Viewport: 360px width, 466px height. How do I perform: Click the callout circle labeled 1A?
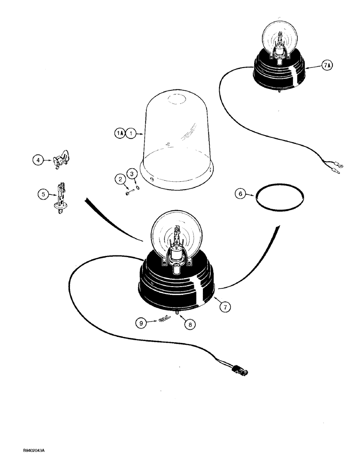[x=119, y=133]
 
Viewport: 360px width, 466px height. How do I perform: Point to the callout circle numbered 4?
[x=38, y=160]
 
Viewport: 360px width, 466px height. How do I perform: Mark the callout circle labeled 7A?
[x=327, y=67]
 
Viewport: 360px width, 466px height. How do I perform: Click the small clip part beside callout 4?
[x=61, y=160]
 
